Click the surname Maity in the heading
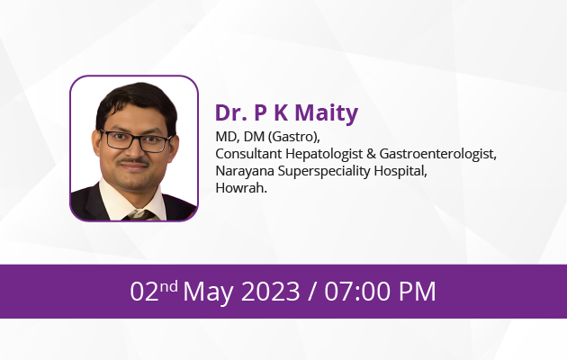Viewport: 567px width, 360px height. [327, 113]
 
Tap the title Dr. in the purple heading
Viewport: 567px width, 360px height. [231, 112]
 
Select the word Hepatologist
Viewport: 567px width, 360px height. [324, 154]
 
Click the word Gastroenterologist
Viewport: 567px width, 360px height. [438, 154]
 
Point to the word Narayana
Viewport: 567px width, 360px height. [245, 171]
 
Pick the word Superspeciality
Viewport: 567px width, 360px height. [324, 171]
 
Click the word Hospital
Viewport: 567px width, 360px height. [400, 171]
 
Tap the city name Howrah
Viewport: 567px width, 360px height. [241, 188]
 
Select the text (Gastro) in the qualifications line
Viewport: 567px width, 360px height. [294, 137]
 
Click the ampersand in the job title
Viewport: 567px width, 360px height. [371, 154]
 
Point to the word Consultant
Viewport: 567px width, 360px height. [248, 154]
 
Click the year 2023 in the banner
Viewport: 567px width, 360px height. [271, 292]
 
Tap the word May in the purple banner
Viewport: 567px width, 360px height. [208, 292]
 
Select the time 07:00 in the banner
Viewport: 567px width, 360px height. [357, 292]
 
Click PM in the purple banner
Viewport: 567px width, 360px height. [418, 292]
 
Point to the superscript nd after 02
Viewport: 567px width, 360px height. [168, 286]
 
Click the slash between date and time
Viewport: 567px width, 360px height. [312, 292]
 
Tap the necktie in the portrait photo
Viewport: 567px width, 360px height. [141, 215]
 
